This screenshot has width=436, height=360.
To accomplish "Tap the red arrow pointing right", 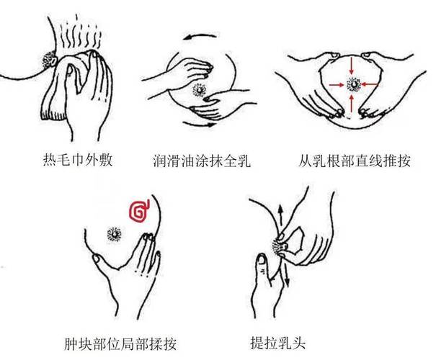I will [x=337, y=85].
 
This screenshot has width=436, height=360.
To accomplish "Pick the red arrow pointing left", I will [x=370, y=85].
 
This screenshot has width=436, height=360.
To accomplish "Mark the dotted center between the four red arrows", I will [x=353, y=85].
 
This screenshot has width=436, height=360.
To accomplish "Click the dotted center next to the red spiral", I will [x=114, y=233].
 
